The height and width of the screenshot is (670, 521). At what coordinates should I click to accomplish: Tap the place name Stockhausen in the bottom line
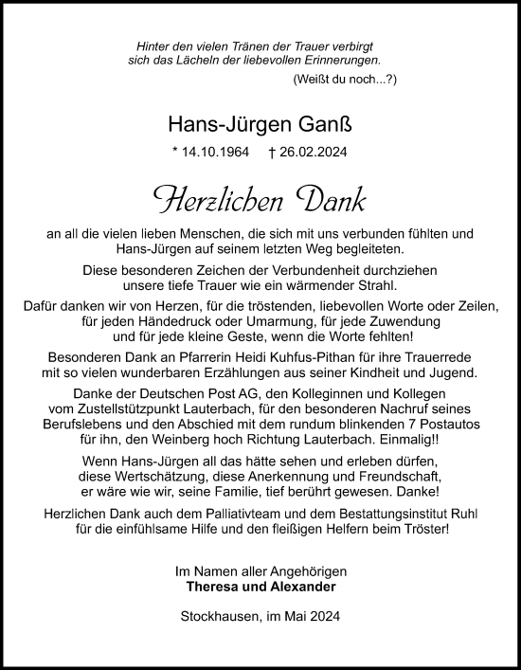click(218, 618)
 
